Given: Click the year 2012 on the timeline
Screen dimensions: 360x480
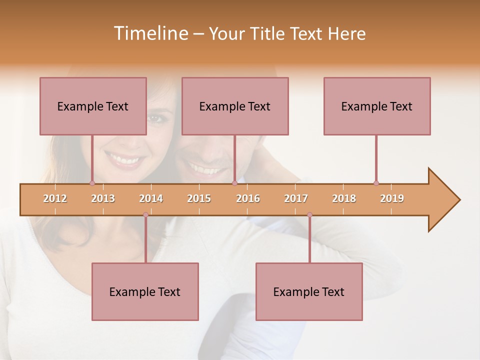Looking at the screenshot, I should (55, 198).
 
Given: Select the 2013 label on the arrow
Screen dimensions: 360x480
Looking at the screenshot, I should (103, 198).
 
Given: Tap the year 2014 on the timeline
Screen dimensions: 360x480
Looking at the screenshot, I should (151, 198).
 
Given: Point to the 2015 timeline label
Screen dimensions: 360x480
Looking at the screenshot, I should (199, 198).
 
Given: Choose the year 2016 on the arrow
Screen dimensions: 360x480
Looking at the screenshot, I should (248, 198).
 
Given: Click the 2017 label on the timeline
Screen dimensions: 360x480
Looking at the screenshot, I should (296, 198).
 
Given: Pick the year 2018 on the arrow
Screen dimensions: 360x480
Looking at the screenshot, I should (344, 198).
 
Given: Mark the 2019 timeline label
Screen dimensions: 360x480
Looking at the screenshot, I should (392, 198).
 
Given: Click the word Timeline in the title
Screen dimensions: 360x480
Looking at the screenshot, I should (150, 33).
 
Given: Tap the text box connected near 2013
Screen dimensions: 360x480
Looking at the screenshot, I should (93, 106).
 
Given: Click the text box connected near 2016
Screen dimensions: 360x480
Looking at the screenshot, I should (235, 106).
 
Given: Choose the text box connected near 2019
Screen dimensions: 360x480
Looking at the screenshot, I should (377, 106).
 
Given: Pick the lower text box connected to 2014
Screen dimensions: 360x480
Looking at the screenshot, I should (145, 291).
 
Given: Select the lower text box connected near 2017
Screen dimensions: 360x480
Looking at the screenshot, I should (309, 291).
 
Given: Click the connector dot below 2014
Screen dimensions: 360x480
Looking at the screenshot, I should (145, 215).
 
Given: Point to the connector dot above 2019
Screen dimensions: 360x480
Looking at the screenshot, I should (376, 183).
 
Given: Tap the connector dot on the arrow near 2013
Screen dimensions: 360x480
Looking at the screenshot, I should (92, 183).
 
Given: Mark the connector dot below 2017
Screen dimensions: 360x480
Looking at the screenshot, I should (309, 215).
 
